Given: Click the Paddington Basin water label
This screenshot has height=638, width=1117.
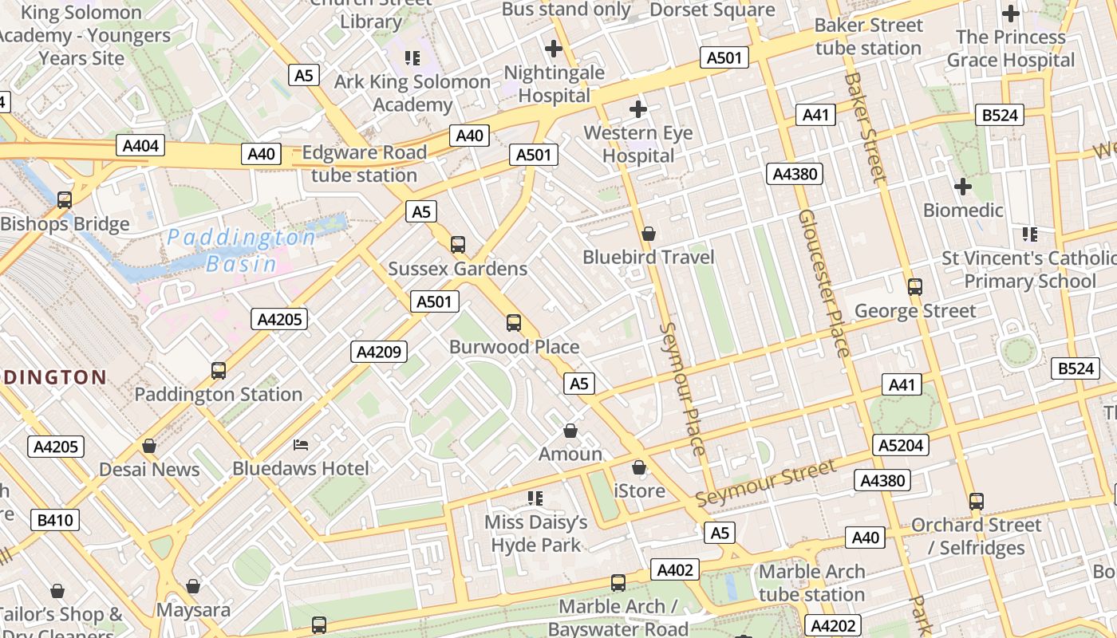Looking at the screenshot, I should pos(242,250).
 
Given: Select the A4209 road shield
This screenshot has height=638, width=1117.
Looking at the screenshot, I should pos(379,352).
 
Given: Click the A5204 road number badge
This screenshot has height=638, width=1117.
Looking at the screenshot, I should pos(902,445).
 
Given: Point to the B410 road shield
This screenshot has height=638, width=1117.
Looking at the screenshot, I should pos(55,521).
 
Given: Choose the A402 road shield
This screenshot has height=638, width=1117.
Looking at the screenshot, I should pos(675,569).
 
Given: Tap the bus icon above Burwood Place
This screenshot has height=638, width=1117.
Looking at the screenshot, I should pos(514,323).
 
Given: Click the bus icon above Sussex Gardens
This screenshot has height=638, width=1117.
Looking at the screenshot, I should pos(458,245).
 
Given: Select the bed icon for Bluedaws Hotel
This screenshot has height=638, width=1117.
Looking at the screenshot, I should pos(301,444).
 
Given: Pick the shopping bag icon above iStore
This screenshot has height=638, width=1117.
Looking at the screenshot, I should pos(639,467).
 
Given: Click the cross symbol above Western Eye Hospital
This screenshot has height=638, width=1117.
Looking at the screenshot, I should pos(638,109).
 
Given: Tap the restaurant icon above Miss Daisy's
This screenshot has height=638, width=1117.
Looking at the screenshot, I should pos(535,498).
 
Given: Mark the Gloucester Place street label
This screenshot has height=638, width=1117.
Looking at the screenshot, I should pos(823,282).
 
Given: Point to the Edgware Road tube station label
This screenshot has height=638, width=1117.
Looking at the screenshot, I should pos(364,163).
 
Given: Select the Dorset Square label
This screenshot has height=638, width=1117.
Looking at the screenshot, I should pos(712,10).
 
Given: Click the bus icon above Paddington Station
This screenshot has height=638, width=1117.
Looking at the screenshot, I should pos(219,371).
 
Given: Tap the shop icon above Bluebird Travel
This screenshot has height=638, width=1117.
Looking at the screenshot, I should pos(649,234).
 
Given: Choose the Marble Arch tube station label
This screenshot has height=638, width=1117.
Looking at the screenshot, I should pos(811,583).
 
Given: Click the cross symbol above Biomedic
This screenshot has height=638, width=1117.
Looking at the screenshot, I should pos(963,187).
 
